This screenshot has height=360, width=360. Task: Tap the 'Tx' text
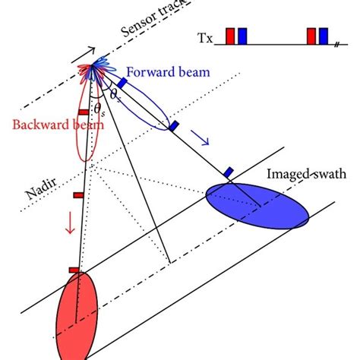[206, 37]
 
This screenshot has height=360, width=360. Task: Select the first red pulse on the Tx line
[230, 36]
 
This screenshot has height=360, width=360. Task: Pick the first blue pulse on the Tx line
[242, 36]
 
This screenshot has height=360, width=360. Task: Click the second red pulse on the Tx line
[311, 36]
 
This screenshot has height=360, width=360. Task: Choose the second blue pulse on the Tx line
[324, 36]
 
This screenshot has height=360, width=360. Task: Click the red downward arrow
[69, 223]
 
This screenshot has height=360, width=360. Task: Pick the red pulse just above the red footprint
[73, 269]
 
